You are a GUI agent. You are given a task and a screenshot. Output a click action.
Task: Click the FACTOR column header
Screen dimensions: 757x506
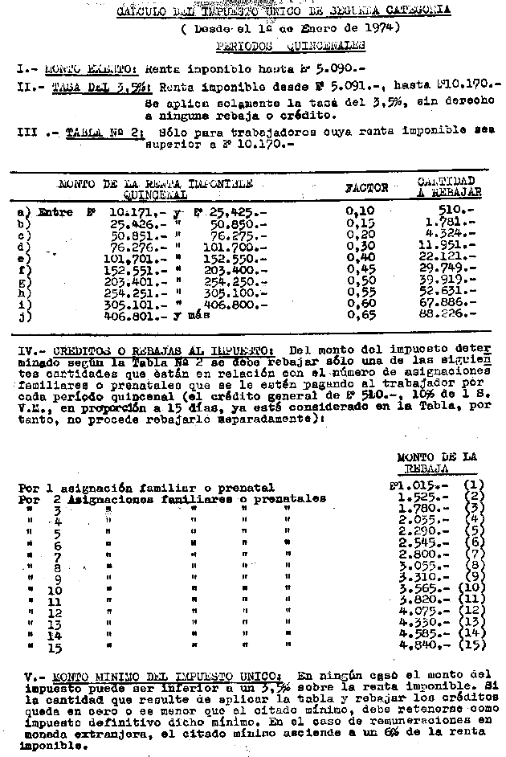pos(366,188)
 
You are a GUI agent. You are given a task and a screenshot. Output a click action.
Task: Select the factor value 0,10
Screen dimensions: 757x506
pos(357,211)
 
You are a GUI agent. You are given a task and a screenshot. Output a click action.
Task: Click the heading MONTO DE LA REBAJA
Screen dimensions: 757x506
pos(437,462)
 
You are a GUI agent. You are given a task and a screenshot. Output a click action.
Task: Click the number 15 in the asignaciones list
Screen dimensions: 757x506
pos(55,646)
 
